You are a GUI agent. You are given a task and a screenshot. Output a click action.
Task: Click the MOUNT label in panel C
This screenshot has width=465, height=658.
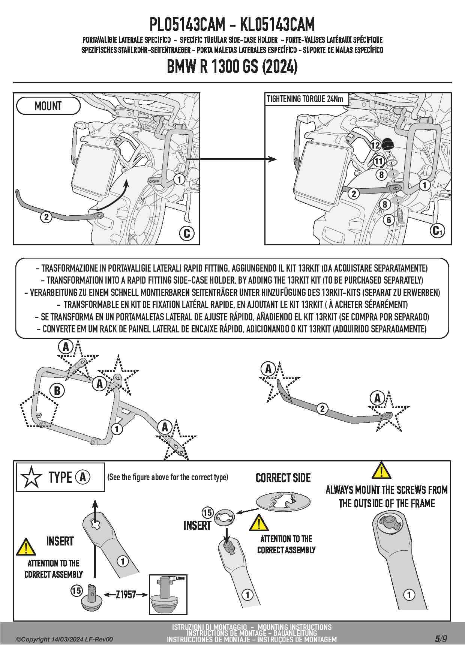pos(48,106)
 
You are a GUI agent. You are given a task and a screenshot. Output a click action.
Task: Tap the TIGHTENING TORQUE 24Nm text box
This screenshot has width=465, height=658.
pos(305,99)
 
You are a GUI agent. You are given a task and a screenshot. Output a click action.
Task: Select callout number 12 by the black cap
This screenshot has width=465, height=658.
pos(375,145)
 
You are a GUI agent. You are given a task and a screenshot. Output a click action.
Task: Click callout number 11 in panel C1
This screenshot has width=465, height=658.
pos(379,161)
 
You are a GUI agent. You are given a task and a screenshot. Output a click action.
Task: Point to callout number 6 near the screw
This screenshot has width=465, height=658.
pos(389,220)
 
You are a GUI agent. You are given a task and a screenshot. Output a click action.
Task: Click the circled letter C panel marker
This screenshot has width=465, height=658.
pos(187,233)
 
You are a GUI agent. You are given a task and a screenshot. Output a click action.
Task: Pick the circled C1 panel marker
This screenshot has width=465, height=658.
pos(437,230)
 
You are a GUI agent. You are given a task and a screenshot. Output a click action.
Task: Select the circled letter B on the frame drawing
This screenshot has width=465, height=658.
pos(57,391)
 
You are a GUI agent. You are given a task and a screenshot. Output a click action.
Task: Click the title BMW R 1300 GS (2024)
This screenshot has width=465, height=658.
pos(232,67)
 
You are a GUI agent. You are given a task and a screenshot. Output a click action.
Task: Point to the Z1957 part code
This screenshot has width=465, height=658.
pos(126,594)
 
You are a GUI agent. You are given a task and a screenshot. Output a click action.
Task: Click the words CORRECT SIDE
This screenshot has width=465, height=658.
pos(283,478)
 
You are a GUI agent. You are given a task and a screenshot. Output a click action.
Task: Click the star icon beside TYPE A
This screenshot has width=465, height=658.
pos(31,477)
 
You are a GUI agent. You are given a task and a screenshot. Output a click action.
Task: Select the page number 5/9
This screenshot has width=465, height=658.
pos(441,639)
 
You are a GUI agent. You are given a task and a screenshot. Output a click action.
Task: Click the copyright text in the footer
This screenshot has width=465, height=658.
pos(64,640)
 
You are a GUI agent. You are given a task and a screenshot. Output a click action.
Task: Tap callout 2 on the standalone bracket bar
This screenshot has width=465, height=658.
pos(322,409)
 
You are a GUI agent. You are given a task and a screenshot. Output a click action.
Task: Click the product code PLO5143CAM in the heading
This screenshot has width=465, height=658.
pos(187,25)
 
